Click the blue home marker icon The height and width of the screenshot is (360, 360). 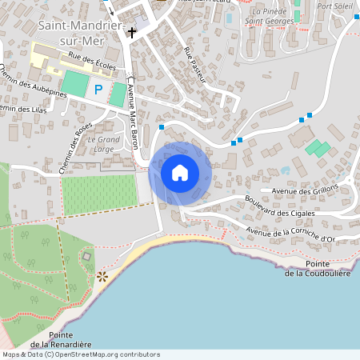pyautogui.click(x=180, y=172)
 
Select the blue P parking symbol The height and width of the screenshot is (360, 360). pyautogui.click(x=98, y=90)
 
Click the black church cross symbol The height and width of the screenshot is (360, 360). pyautogui.click(x=131, y=33)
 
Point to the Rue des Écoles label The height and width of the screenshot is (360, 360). pyautogui.click(x=92, y=61)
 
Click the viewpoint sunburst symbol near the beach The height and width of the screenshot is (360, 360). pyautogui.click(x=102, y=276)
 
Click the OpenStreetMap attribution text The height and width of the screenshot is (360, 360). pyautogui.click(x=80, y=354)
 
